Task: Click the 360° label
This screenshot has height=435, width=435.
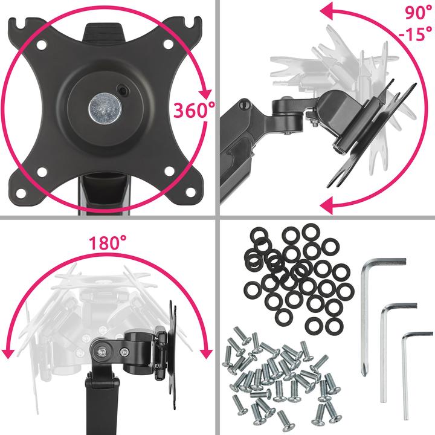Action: (x=194, y=110)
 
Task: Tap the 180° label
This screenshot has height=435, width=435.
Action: (x=108, y=243)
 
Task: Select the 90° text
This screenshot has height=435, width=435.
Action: (x=418, y=13)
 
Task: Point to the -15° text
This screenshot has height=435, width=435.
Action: (x=415, y=34)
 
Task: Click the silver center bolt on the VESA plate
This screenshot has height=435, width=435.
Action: (x=105, y=108)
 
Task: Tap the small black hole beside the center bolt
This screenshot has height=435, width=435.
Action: (x=122, y=89)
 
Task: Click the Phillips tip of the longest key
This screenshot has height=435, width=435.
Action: (x=364, y=370)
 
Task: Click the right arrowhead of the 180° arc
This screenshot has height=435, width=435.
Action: (x=205, y=353)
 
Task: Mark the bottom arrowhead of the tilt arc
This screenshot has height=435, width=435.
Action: (x=326, y=206)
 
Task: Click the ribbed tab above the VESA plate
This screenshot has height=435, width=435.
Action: (x=103, y=32)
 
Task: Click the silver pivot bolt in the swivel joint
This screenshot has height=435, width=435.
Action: (x=101, y=352)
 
